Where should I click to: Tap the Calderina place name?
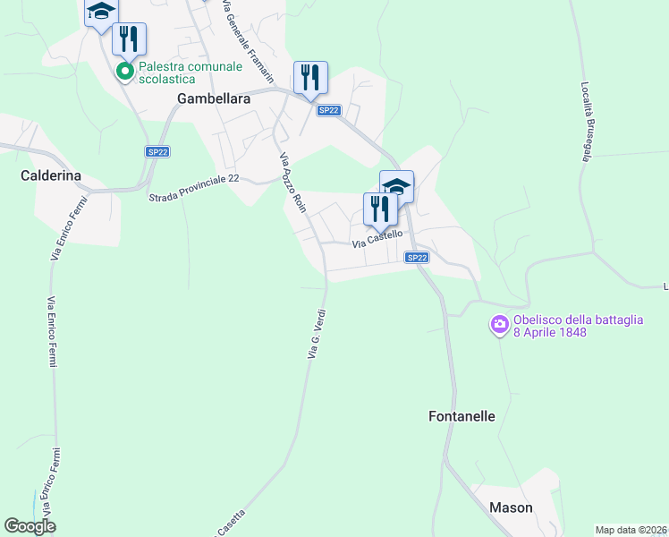(51, 176)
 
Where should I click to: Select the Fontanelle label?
(462, 416)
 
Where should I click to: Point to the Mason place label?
(511, 507)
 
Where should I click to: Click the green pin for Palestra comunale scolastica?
(125, 70)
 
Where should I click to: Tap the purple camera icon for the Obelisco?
(499, 324)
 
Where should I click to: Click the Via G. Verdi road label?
(316, 334)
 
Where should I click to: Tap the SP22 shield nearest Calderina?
(157, 152)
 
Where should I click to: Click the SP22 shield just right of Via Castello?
(417, 258)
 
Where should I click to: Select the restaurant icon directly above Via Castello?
(380, 209)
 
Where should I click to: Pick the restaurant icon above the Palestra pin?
(129, 38)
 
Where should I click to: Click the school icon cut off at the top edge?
(101, 12)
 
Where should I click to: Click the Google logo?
(30, 526)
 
